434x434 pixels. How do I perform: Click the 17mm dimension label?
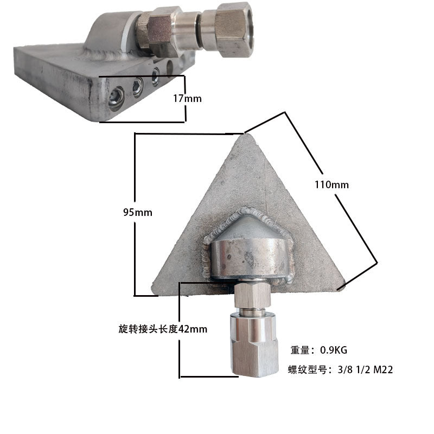[x=187, y=99]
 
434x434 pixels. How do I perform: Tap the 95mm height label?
[x=138, y=213]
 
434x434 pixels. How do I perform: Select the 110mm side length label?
[x=331, y=184]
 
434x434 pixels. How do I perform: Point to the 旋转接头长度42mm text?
[x=163, y=329]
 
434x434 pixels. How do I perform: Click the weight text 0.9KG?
[x=334, y=350]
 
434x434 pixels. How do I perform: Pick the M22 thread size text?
[x=383, y=370]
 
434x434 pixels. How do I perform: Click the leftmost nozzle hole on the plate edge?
[x=117, y=98]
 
